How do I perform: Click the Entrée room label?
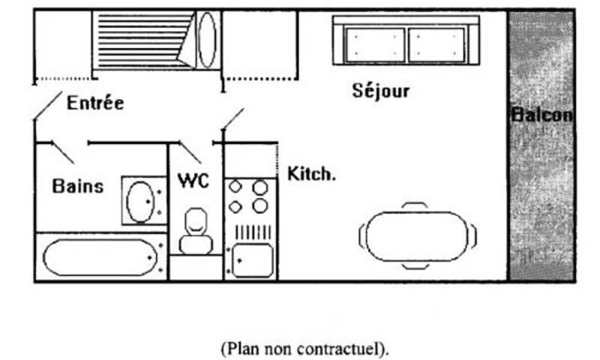point(95,103)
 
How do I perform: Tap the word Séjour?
point(381,91)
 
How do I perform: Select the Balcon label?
point(542,115)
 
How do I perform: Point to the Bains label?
point(78,186)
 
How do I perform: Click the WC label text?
point(193,181)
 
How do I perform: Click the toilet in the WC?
point(195,231)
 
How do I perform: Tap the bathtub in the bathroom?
point(101,257)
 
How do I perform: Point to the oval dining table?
point(418,235)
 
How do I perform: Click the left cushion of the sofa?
point(375,44)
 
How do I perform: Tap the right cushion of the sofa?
point(437,44)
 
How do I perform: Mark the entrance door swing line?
point(48,104)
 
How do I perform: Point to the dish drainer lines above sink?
point(253,232)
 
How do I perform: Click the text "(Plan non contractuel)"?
point(304,349)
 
